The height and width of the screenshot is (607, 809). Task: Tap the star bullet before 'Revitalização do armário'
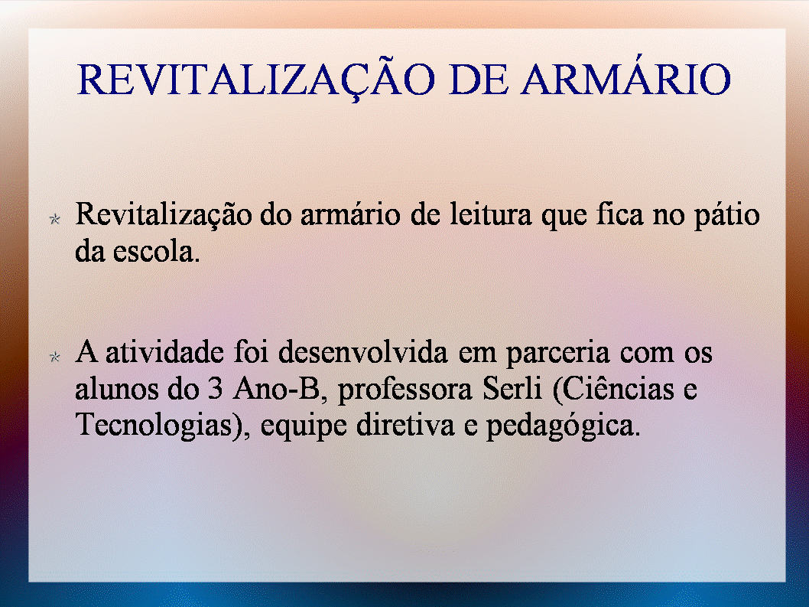[x=55, y=219]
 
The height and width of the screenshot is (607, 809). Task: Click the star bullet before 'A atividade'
[x=55, y=357]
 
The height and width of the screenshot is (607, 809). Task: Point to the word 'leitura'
[x=491, y=214]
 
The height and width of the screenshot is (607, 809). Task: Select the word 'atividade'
[x=164, y=352]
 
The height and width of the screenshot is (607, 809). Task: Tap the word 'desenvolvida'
[x=363, y=352]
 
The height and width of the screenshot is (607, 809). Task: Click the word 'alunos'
[x=116, y=389]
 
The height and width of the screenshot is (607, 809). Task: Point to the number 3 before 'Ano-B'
[x=215, y=389]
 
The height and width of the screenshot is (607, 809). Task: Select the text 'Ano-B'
[x=278, y=389]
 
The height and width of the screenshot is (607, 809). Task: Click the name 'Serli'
[x=512, y=389]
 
